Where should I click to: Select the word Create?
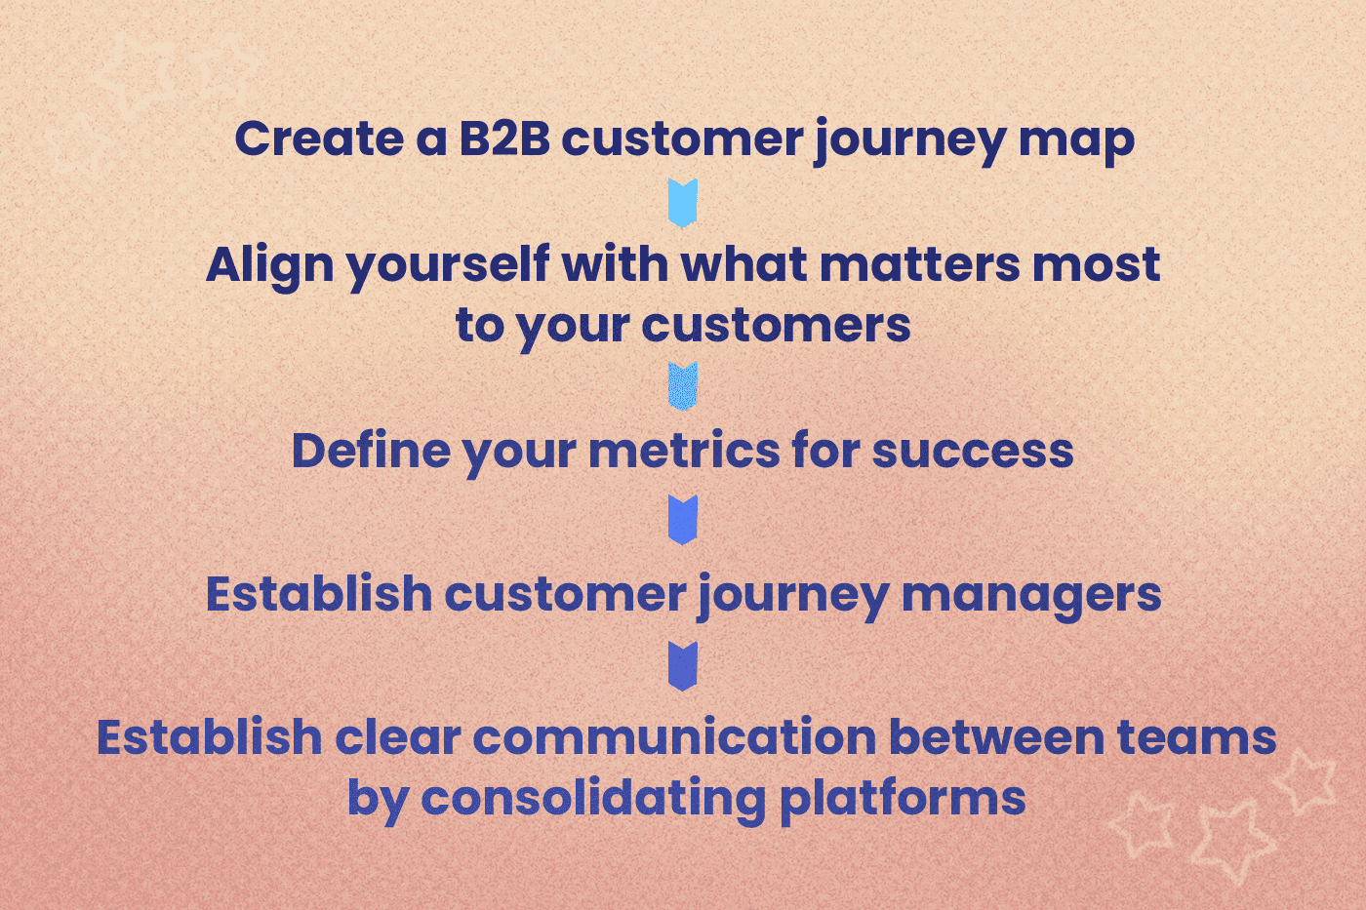tap(318, 138)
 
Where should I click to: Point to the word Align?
tap(269, 265)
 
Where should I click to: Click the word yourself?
tap(448, 265)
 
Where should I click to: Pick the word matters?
tap(919, 264)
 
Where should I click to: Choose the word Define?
tap(370, 451)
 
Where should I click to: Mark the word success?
tap(972, 451)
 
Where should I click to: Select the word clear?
tap(397, 737)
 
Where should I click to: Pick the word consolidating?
tap(593, 799)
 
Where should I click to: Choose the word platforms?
tap(903, 799)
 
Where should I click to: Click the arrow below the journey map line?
tap(683, 203)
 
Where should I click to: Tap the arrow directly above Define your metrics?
tap(683, 386)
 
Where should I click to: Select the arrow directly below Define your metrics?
tap(683, 520)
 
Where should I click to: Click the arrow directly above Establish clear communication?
tap(683, 666)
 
